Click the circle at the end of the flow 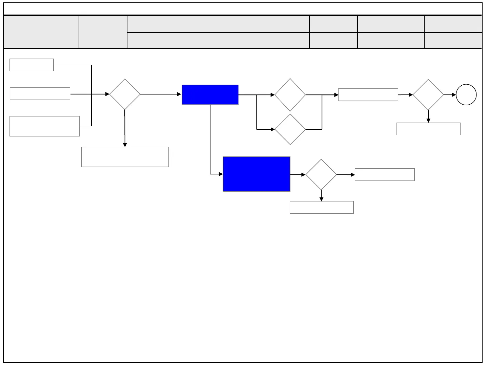466,95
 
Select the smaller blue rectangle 210,95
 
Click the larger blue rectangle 257,174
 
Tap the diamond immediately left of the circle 428,95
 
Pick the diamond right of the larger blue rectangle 321,175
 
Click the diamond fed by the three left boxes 125,94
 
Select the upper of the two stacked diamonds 290,95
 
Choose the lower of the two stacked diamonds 290,129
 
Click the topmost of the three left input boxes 32,65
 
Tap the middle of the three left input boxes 40,94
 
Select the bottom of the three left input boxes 44,126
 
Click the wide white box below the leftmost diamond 125,157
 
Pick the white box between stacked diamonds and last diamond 368,95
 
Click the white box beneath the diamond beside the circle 428,129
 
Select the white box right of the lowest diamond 385,175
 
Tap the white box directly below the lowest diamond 322,208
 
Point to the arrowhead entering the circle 454,95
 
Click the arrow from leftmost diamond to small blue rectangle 161,94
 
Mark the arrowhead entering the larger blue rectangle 221,174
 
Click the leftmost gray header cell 41,32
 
